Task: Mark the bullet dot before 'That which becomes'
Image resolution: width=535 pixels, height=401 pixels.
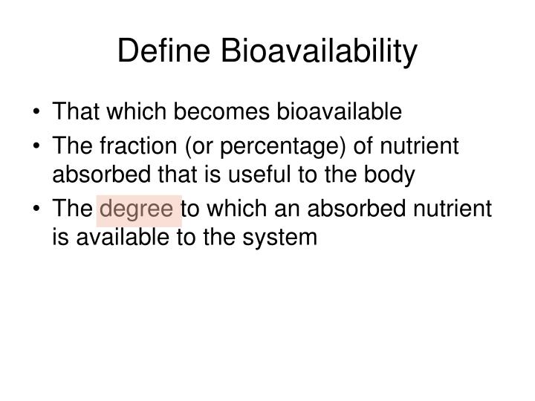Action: coord(38,113)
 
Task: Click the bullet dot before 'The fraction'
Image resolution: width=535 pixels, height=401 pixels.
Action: coord(38,147)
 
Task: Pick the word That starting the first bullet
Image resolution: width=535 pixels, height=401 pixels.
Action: coord(77,112)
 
